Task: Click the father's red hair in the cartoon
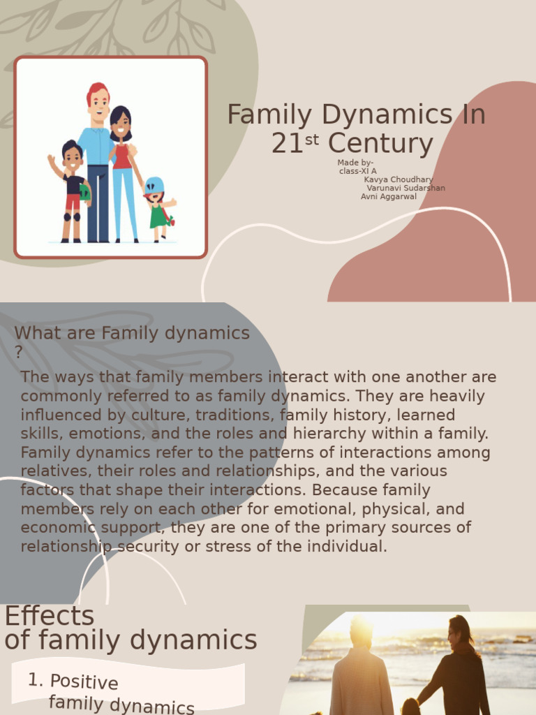point(98,90)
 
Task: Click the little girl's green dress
point(158,216)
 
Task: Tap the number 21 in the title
point(288,144)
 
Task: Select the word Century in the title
point(380,144)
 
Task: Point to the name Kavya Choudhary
point(398,179)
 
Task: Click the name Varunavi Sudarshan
point(405,188)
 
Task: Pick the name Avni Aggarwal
point(388,196)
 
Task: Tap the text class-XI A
point(357,171)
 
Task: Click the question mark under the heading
point(19,353)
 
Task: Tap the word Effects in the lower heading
point(49,617)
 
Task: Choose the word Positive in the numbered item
point(84,681)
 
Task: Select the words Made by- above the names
point(355,163)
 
